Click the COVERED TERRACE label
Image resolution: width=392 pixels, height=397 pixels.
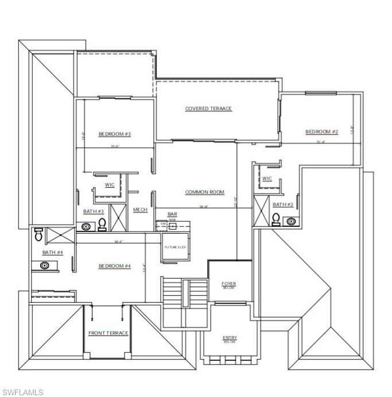coord(208,109)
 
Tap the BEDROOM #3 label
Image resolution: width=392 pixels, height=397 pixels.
coord(115,134)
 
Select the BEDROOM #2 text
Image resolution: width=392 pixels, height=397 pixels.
coord(321,132)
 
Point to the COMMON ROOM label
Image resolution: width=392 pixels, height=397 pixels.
coord(204,192)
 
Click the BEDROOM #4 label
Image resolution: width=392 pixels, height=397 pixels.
coord(115,266)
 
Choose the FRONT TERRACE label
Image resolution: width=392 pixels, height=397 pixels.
coord(108,333)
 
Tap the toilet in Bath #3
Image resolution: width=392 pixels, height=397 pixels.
coord(102,224)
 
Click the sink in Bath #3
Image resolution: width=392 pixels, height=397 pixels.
coord(87,227)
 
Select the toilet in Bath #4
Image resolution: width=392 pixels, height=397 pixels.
coord(38,234)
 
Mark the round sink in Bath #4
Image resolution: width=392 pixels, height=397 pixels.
coord(44,265)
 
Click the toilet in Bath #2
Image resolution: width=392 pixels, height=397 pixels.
coord(275,219)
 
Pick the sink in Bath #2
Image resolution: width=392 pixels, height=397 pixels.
coord(290,221)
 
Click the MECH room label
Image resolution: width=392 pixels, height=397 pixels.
coord(140,210)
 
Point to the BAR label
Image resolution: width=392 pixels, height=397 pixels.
coord(172,214)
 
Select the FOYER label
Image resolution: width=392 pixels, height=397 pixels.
coord(229,284)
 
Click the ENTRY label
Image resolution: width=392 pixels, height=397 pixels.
coord(230,338)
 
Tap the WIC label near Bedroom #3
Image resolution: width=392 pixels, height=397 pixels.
coord(109,185)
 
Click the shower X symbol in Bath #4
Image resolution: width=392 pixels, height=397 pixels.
coord(59,235)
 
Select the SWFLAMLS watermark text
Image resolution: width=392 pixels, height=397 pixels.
coord(22,392)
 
